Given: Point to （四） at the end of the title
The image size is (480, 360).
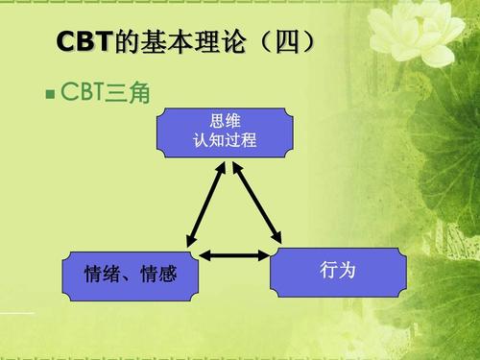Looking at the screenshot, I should coord(279,43).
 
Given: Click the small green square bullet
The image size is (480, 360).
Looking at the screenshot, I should coord(50,96).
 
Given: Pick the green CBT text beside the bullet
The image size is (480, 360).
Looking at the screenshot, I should coord(84,94).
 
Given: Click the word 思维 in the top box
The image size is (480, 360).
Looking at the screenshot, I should coord(225,122).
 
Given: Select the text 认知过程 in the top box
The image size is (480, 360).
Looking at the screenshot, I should coord(225,139).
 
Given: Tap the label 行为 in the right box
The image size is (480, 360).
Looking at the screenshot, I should coord(337,271).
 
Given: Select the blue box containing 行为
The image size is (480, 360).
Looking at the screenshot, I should coord(337,273).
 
